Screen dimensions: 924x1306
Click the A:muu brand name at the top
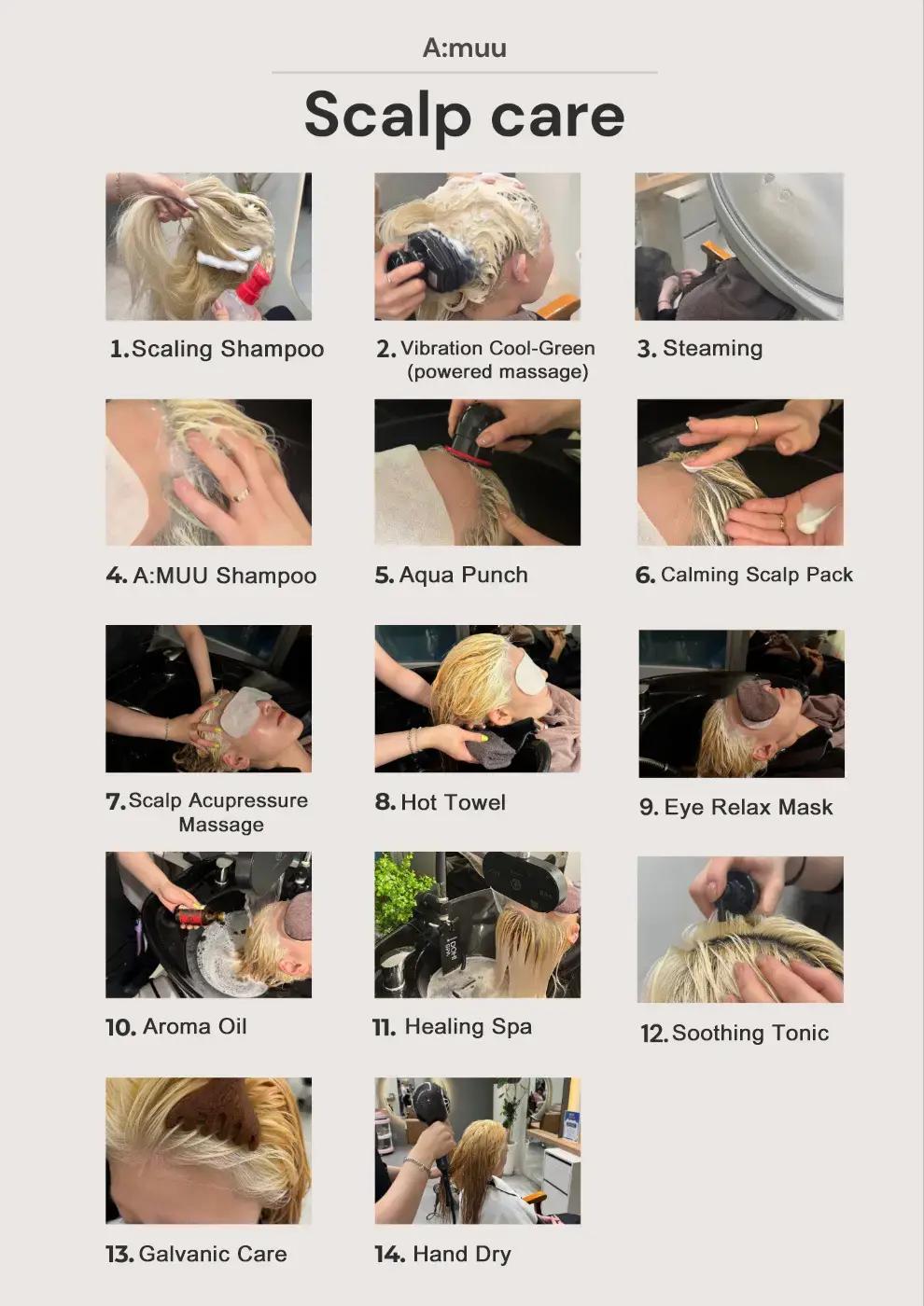coord(465,48)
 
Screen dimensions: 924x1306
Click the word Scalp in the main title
coord(387,116)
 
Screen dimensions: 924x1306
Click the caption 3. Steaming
coord(700,349)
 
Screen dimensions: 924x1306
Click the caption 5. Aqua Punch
coord(452,575)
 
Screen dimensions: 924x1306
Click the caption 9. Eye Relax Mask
coord(736,808)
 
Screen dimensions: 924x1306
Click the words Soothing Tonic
coord(750,1034)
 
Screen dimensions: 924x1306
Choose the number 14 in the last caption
coord(390,1254)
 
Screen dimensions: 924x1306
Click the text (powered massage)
coord(497,372)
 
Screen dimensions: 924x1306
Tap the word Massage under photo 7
coord(221,825)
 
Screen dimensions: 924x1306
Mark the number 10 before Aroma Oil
coord(120,1027)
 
